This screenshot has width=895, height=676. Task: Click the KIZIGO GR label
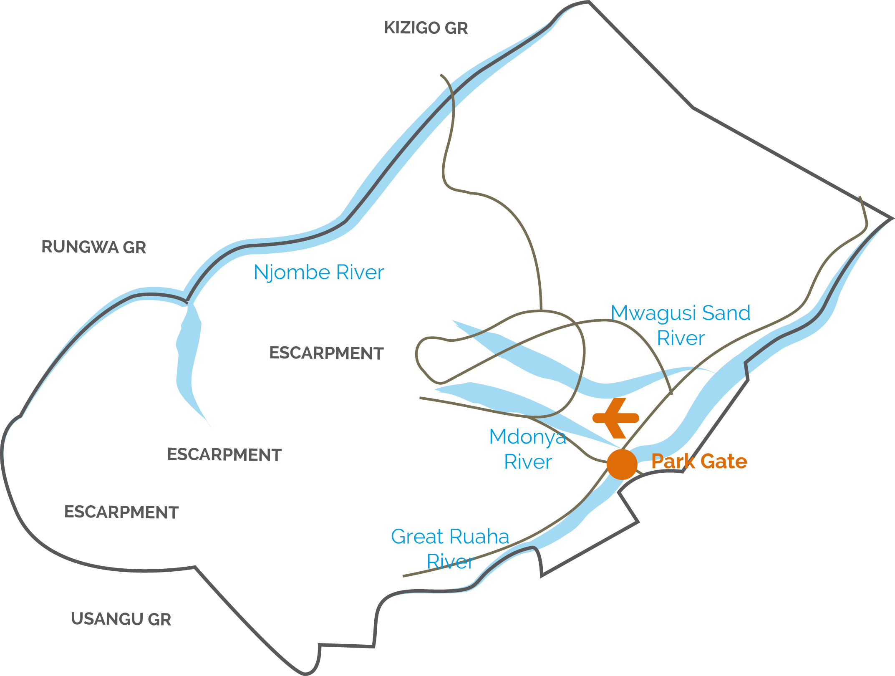tap(426, 28)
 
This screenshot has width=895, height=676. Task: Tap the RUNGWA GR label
tap(94, 247)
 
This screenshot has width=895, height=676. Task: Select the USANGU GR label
tap(121, 619)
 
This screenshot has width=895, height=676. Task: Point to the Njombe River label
tap(319, 272)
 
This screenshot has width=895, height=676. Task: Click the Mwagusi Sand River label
tap(681, 325)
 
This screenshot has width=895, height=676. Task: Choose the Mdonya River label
tap(528, 449)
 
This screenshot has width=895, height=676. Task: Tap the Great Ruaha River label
tap(450, 549)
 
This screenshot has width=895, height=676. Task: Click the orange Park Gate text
tap(699, 461)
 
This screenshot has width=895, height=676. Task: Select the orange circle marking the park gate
tap(622, 464)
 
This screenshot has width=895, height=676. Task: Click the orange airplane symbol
tap(616, 418)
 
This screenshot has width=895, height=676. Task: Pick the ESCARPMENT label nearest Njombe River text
tap(326, 353)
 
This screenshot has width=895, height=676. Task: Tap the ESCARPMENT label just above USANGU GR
tap(121, 512)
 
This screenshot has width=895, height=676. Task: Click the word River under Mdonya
tap(528, 462)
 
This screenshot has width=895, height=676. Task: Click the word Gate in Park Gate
tap(724, 461)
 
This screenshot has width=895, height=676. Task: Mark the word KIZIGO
tap(412, 28)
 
